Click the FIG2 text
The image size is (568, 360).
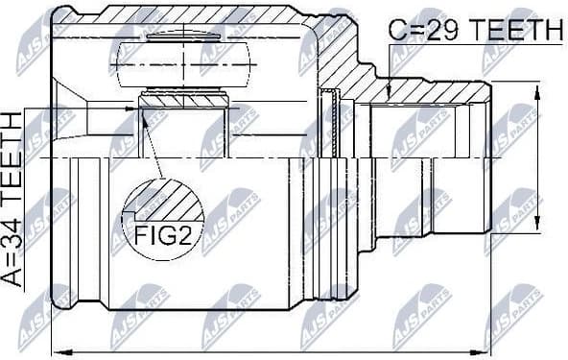(x=164, y=234)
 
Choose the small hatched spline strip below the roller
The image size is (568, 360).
(x=183, y=99)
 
